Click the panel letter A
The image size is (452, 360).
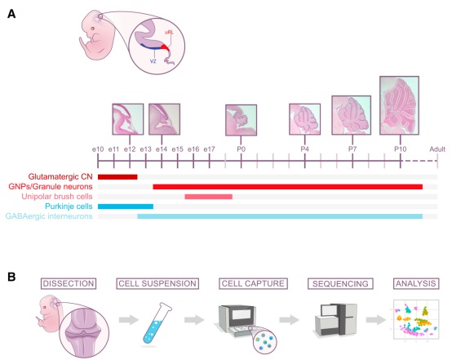[x=11, y=14]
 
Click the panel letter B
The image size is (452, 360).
[x=11, y=277]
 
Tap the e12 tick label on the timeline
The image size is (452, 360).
[x=130, y=149]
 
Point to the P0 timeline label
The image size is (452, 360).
[x=241, y=149]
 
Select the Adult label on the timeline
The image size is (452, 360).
[x=437, y=149]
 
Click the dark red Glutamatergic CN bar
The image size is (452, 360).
[x=117, y=177]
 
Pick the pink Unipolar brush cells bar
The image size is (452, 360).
[x=208, y=197]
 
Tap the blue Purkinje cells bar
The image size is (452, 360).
[x=126, y=207]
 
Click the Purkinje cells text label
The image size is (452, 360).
[x=69, y=207]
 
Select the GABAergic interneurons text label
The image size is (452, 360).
[x=49, y=216]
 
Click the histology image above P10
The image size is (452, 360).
[x=399, y=105]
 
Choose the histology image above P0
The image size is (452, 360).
[x=241, y=120]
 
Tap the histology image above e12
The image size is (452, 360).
[x=128, y=119]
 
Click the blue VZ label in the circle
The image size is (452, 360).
[x=153, y=61]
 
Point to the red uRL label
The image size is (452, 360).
[x=169, y=33]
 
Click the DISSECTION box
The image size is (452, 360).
[x=69, y=283]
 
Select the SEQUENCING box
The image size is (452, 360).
[x=340, y=283]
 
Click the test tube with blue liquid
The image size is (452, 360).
[x=157, y=323]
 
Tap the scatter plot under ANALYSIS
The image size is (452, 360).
[x=416, y=319]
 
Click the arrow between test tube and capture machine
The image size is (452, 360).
[x=194, y=320]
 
